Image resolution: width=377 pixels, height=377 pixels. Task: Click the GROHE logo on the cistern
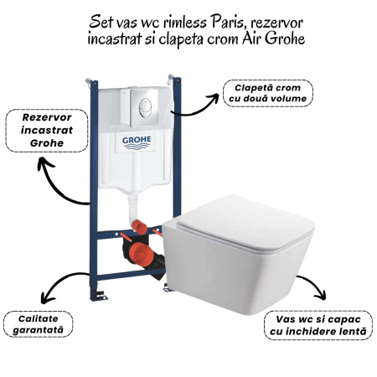tap(137, 142)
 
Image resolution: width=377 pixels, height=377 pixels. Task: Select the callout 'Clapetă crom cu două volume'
tap(268, 93)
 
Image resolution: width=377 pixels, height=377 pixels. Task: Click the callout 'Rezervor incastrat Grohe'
tap(47, 131)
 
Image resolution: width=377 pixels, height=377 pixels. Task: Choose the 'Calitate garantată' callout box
tap(38, 324)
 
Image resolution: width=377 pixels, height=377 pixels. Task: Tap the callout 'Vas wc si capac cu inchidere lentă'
tap(318, 325)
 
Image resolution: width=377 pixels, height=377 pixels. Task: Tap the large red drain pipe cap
tap(140, 254)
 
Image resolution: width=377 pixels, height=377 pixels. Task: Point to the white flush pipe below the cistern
tap(132, 208)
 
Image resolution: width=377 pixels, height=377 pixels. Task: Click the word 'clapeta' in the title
tap(181, 39)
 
